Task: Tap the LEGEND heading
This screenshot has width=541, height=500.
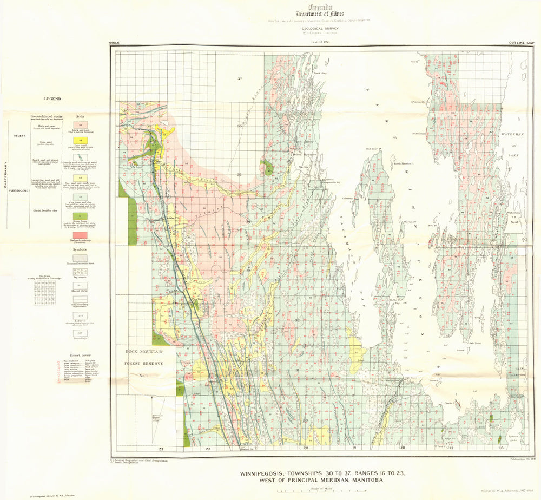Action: (x=52, y=99)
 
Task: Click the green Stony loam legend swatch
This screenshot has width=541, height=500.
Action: (x=81, y=215)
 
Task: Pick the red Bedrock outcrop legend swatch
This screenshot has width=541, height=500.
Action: (x=81, y=236)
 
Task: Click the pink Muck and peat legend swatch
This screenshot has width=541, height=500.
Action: (x=81, y=124)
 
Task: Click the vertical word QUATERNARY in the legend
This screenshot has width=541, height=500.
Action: (x=5, y=176)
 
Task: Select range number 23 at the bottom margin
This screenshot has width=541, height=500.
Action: (x=161, y=449)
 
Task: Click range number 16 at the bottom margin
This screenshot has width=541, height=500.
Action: (x=501, y=449)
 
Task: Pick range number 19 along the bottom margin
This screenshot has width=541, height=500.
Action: (x=354, y=449)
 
